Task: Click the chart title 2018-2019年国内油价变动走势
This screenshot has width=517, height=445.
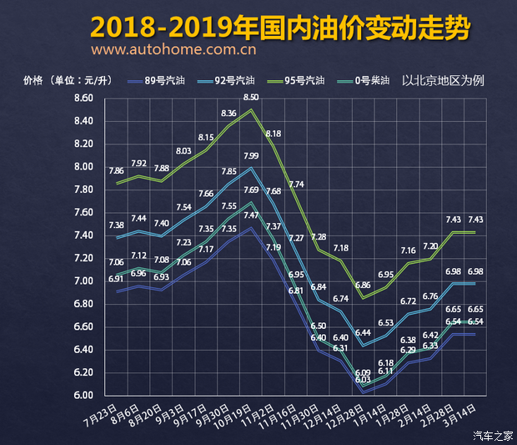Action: tap(279, 27)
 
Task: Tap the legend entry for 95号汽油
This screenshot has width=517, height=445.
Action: tap(304, 81)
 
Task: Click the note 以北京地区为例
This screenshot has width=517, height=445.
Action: tap(443, 81)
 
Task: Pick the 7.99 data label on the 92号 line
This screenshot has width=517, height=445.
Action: tap(251, 156)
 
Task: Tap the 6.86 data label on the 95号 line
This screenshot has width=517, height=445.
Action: tap(363, 285)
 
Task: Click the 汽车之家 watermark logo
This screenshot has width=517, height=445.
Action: tap(493, 434)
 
